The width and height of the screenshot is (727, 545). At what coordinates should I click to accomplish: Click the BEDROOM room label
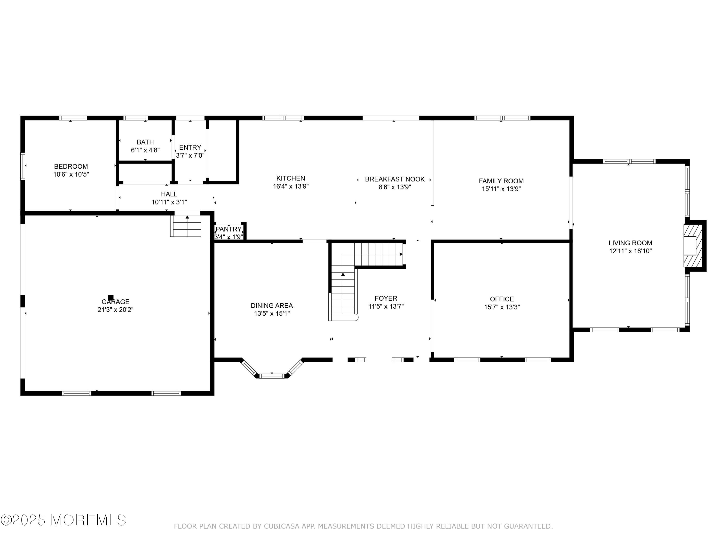pos(71,167)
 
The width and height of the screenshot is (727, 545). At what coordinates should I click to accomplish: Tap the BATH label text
pos(145,142)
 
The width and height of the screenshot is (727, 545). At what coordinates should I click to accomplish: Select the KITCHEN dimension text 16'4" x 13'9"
pos(291,187)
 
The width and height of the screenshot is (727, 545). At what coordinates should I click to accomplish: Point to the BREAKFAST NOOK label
pos(395,179)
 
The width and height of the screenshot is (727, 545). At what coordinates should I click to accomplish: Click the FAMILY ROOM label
pos(501,181)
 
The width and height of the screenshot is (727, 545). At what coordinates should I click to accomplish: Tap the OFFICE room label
pos(502,299)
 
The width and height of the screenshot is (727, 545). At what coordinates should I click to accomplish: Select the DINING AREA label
pos(272,306)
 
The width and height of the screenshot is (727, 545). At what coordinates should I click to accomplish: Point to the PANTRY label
pos(229,229)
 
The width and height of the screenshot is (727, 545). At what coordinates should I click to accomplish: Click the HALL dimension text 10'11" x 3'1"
pos(169,202)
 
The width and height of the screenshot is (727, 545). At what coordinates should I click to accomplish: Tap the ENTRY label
pos(190,148)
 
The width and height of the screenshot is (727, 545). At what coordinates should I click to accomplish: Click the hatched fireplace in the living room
pos(693,245)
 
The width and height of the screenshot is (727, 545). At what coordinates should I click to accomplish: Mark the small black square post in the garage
pos(111,297)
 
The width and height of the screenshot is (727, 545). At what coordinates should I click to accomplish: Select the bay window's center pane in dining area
pos(272,376)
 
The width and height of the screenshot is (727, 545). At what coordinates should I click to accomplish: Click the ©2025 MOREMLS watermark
pos(63,520)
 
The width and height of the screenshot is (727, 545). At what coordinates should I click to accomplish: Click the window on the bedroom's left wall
pos(23,166)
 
